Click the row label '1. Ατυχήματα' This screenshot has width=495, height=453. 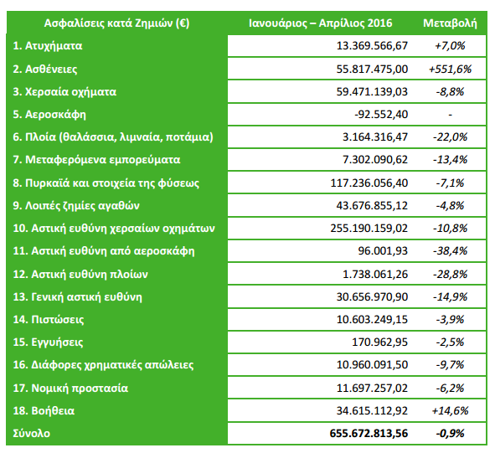coord(49,45)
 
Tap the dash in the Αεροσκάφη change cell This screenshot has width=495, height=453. coord(450,114)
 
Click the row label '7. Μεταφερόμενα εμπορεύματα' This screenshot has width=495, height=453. coord(91,159)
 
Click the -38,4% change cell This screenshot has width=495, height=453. coord(450,250)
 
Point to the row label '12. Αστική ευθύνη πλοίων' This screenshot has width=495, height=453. coord(80,273)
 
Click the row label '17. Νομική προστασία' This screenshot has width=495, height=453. coord(70,388)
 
